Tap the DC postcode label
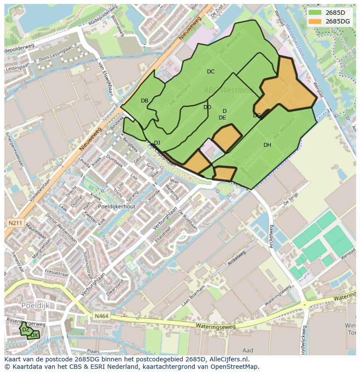click(x=210, y=72)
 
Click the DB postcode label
click(x=145, y=101)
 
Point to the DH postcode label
click(x=267, y=145)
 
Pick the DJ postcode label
click(x=157, y=143)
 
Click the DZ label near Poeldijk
click(x=26, y=330)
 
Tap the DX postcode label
click(x=34, y=335)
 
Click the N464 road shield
click(x=100, y=317)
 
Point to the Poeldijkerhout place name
click(x=117, y=207)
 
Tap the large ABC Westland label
click(x=229, y=90)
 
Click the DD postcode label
click(x=207, y=107)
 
